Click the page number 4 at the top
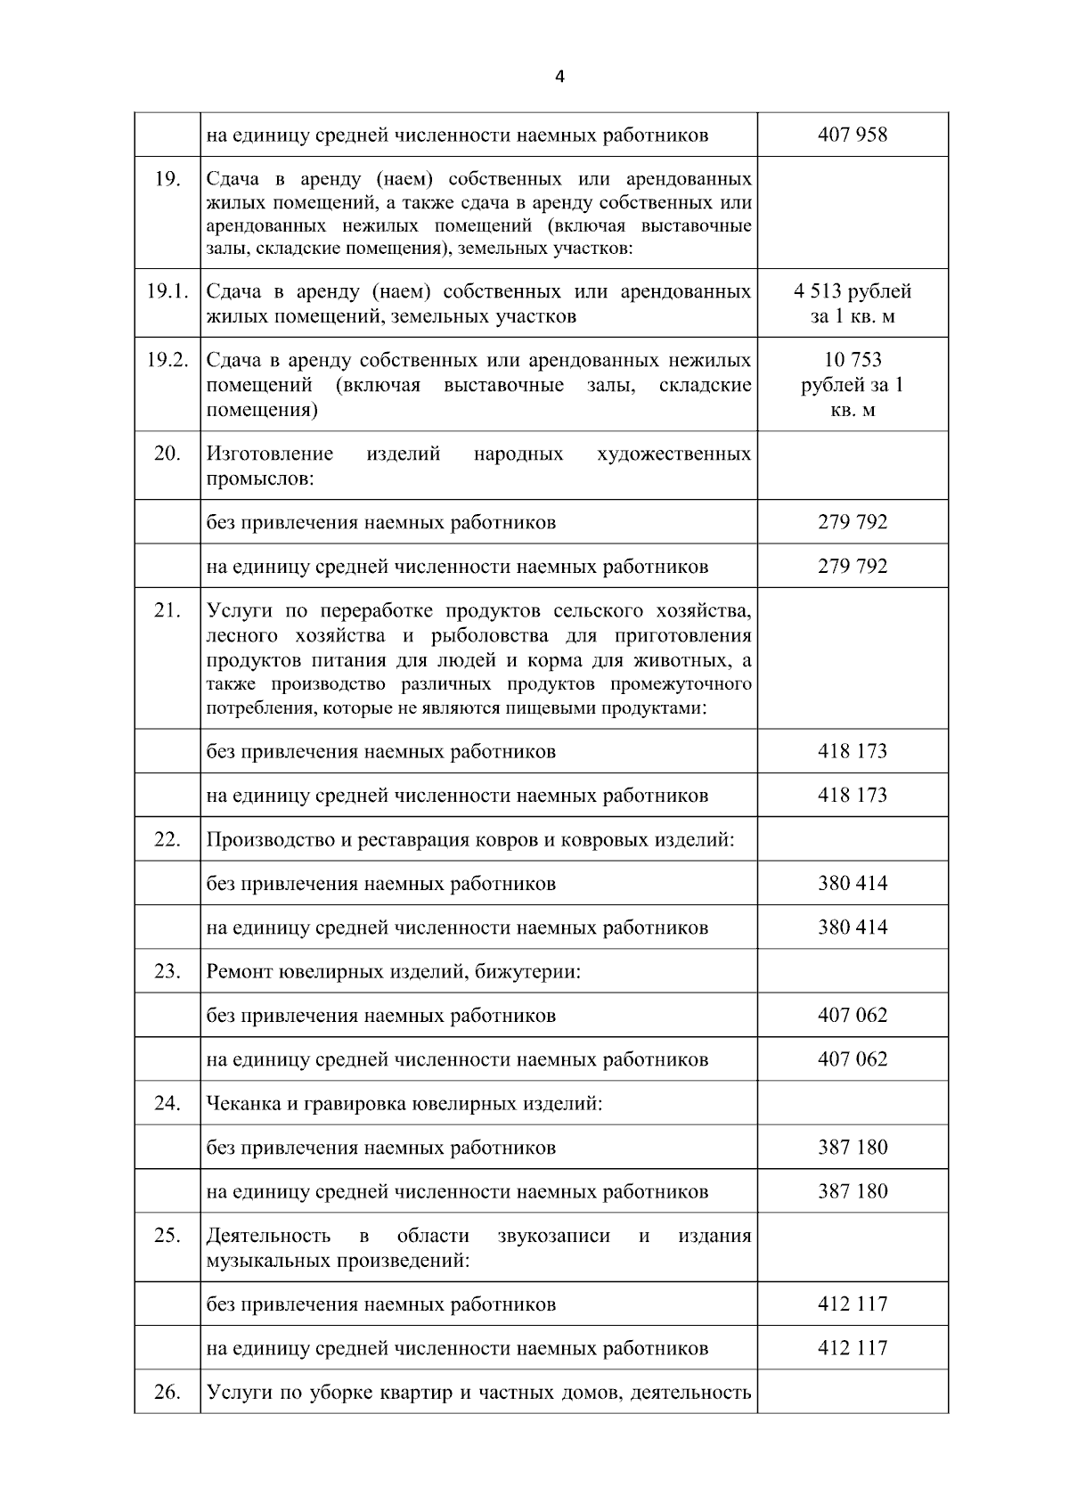[x=559, y=78]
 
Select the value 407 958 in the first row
[x=853, y=135]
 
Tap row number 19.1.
[x=167, y=291]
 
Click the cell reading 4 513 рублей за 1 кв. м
[x=853, y=304]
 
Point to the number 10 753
[x=853, y=360]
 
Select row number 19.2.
[x=167, y=360]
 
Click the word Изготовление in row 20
[x=270, y=454]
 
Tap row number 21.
[x=167, y=611]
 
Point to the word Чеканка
[x=242, y=1104]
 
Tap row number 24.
[x=167, y=1103]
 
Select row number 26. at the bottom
[x=167, y=1392]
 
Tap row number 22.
[x=167, y=839]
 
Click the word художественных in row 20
[x=673, y=454]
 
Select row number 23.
[x=167, y=971]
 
